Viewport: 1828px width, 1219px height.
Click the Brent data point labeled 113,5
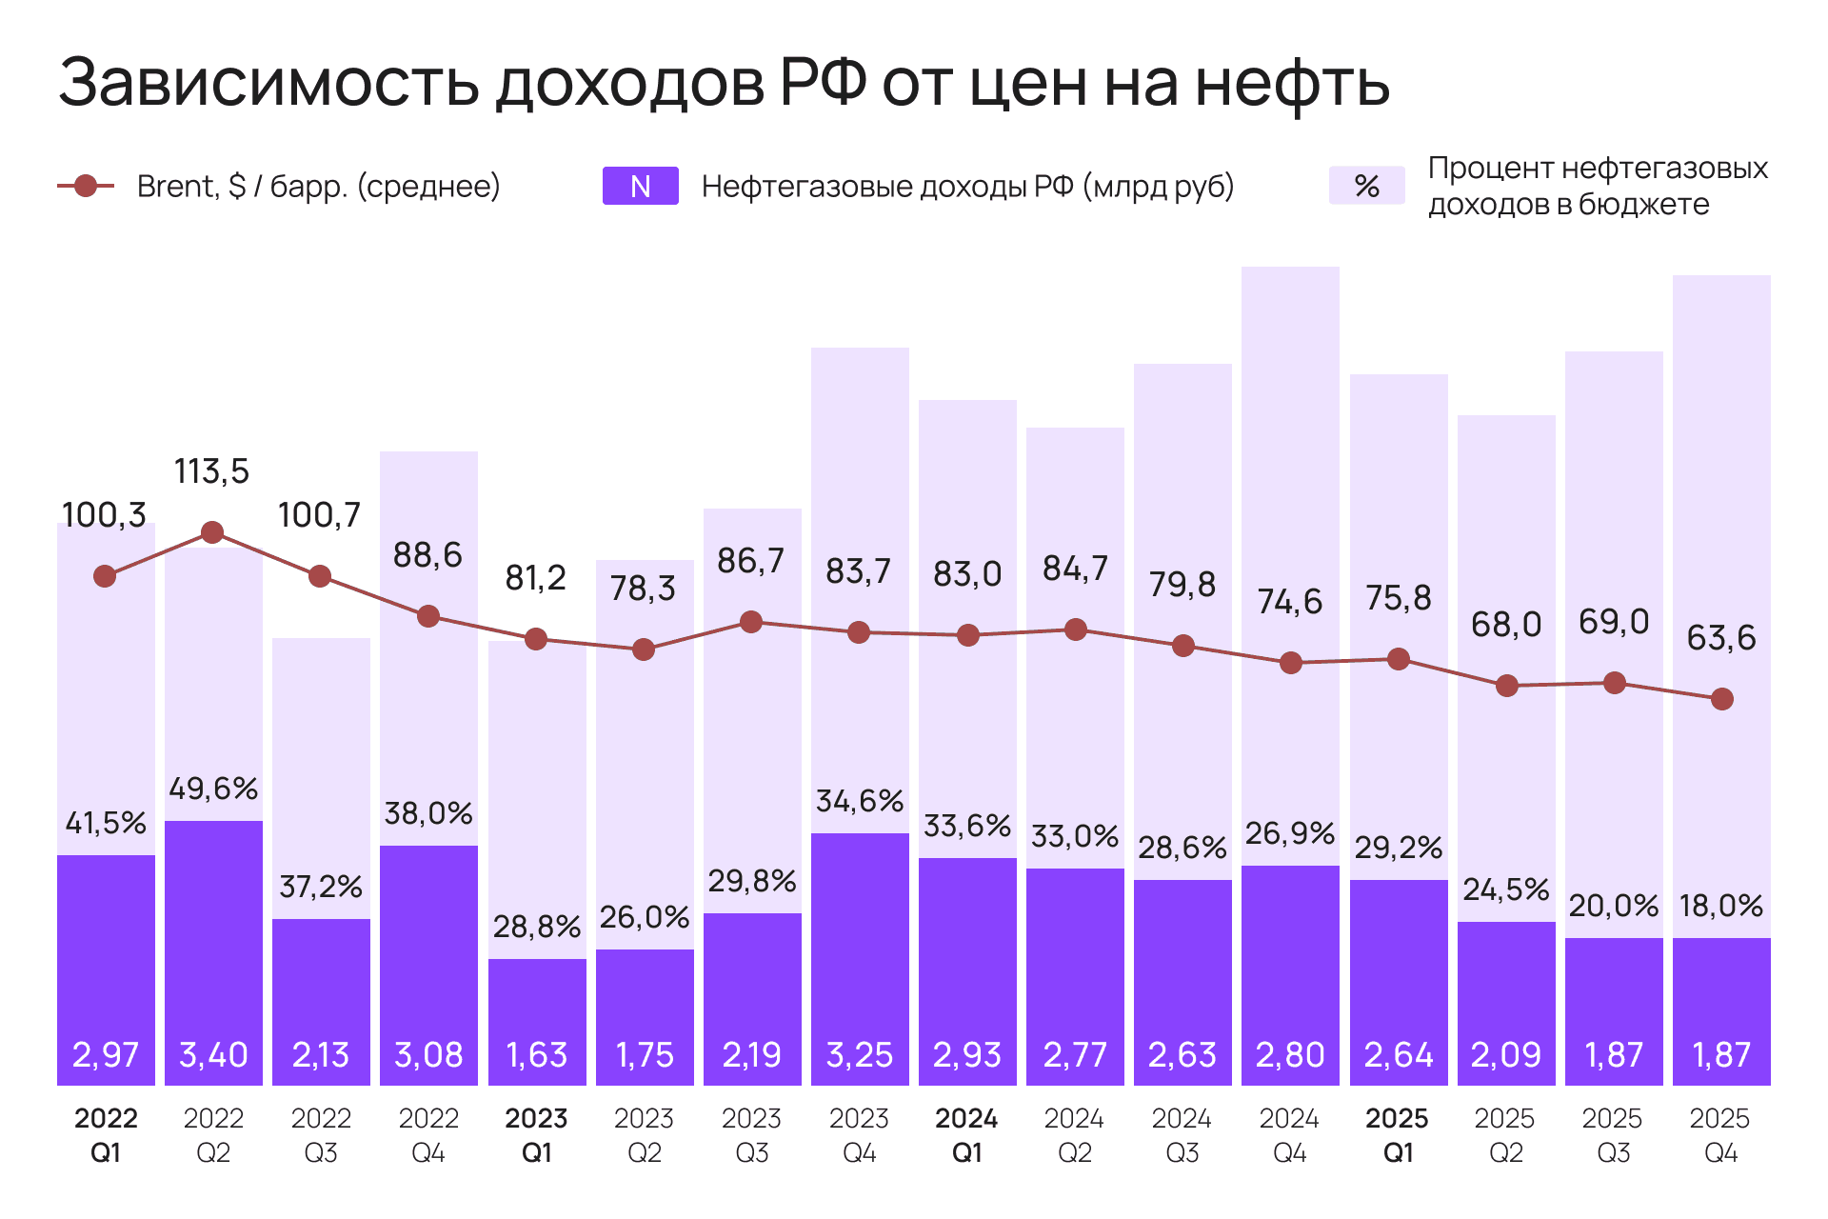(212, 532)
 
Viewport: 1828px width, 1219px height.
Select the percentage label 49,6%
(213, 789)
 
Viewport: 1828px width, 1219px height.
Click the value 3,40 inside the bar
(213, 1054)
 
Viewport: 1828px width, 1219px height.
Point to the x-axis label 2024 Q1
(966, 1135)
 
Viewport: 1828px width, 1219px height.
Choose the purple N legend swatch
(640, 186)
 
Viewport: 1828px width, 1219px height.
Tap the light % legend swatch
(1366, 186)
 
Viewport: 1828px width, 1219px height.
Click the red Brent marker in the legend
(86, 186)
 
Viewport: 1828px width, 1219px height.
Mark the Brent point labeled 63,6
(1721, 699)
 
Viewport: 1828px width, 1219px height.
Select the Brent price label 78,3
(643, 589)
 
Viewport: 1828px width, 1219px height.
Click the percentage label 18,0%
(1721, 905)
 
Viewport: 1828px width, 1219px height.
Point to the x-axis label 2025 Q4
(1720, 1135)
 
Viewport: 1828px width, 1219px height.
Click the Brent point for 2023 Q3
(751, 622)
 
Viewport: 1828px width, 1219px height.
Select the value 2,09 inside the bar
(1505, 1054)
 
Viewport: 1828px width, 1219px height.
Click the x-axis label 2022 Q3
(321, 1135)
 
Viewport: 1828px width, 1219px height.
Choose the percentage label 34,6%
(860, 801)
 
